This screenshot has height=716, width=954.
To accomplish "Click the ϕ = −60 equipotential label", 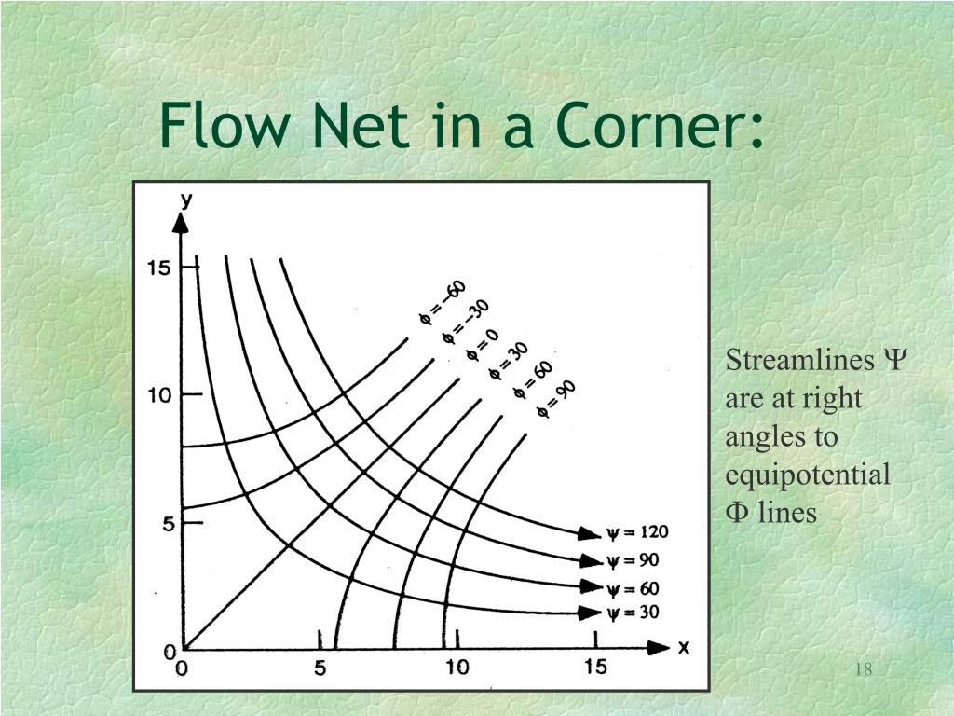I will pyautogui.click(x=442, y=302).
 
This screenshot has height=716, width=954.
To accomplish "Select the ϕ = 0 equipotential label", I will pyautogui.click(x=483, y=344).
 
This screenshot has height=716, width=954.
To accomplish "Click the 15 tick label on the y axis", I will pyautogui.click(x=158, y=268).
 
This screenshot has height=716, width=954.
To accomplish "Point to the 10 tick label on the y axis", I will pyautogui.click(x=158, y=395).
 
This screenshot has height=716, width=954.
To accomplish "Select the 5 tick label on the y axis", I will pyautogui.click(x=167, y=524).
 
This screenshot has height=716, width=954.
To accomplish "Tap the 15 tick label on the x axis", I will pyautogui.click(x=595, y=668).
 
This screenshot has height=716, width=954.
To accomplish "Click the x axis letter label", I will pyautogui.click(x=683, y=648).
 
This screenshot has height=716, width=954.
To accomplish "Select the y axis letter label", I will pyautogui.click(x=186, y=199).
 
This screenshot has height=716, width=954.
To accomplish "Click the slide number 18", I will pyautogui.click(x=863, y=669).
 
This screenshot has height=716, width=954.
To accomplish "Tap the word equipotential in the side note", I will pyautogui.click(x=808, y=475).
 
